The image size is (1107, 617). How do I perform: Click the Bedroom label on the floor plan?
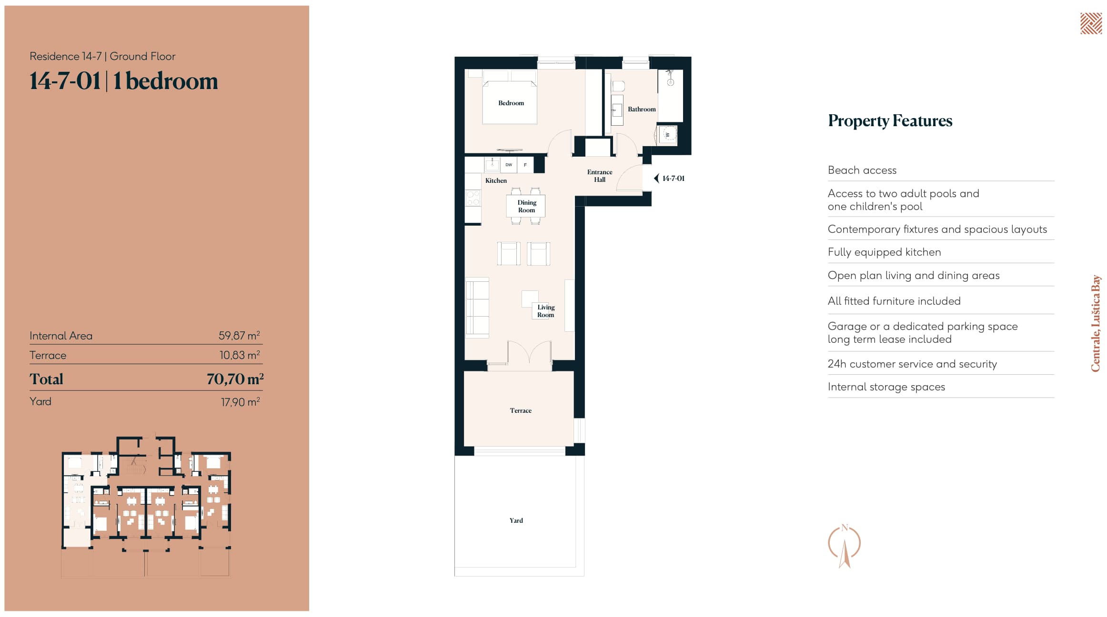[511, 103]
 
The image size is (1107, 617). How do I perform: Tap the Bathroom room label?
[642, 109]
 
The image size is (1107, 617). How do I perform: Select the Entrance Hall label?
[600, 176]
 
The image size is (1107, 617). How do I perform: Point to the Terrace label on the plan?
[521, 410]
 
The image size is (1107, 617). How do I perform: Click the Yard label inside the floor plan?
[516, 520]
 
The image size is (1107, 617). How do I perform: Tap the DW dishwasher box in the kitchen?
[509, 165]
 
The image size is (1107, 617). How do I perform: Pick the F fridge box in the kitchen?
[525, 165]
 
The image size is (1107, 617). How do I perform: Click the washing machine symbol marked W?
[667, 135]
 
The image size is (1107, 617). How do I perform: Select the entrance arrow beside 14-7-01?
[656, 179]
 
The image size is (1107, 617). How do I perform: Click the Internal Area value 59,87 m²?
[239, 335]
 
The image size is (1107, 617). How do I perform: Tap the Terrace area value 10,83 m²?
[240, 355]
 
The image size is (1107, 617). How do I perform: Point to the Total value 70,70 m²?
[235, 379]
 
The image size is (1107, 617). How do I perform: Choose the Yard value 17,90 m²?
[240, 402]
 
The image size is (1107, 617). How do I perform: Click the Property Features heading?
[890, 121]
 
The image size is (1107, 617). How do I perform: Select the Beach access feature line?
[862, 170]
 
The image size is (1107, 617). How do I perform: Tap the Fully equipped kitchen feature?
[885, 252]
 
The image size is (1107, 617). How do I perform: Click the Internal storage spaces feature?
[886, 387]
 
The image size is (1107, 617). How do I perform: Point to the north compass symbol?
[845, 546]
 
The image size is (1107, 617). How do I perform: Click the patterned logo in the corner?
[1091, 24]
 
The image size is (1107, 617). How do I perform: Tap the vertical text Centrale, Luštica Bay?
[1096, 323]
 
